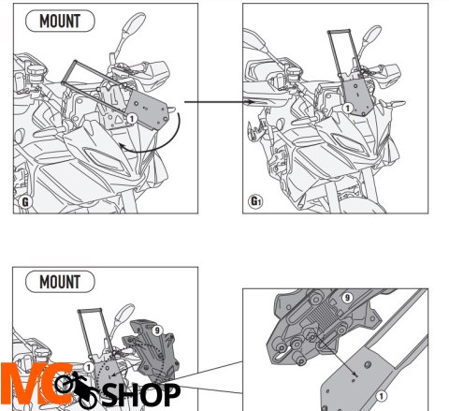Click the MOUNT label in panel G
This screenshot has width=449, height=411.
60,22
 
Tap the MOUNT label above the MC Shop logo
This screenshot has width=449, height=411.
60,282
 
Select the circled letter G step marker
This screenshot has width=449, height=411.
25,201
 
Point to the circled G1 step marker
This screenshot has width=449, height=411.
255,201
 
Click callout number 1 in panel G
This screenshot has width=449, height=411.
132,119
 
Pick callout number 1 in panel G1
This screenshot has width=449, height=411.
348,108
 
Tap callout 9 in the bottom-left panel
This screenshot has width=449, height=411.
157,330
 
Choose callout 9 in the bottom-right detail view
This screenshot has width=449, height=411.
347,298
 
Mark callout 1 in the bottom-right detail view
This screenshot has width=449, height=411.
381,397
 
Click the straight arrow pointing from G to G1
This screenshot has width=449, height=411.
219,102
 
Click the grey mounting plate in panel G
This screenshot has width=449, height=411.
148,110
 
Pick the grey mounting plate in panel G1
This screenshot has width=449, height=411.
358,96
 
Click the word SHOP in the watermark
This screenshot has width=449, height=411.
141,395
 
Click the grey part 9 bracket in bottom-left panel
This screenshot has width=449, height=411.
152,349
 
